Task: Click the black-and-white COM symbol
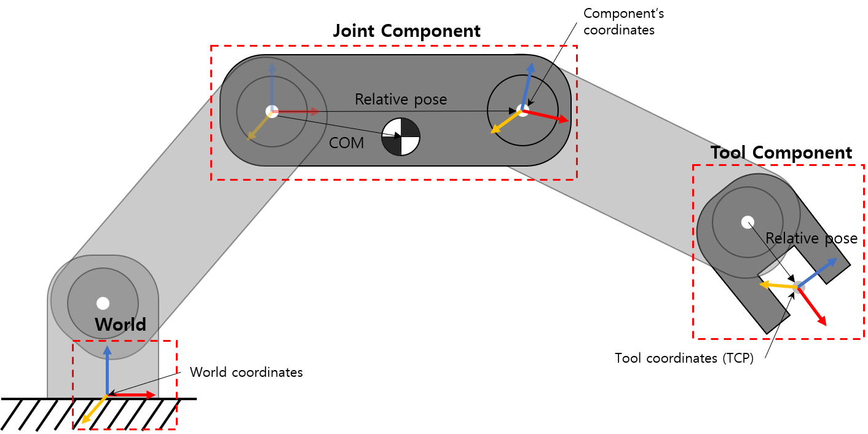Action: click(x=401, y=136)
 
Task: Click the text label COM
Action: click(x=346, y=143)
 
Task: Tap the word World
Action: click(x=120, y=325)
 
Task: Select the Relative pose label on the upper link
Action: click(x=401, y=99)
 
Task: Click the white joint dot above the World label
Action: click(x=103, y=303)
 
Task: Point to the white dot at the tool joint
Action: click(x=748, y=222)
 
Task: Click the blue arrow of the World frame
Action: click(x=107, y=369)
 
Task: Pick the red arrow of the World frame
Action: click(x=134, y=395)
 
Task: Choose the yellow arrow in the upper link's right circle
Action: click(x=505, y=121)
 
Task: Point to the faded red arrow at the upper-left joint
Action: click(x=298, y=111)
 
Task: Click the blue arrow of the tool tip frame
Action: click(x=819, y=272)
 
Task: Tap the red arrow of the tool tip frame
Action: click(x=813, y=307)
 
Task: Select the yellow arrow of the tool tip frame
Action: click(x=777, y=285)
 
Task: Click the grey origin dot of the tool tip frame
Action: click(x=799, y=286)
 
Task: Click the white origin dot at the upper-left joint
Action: click(x=272, y=111)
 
